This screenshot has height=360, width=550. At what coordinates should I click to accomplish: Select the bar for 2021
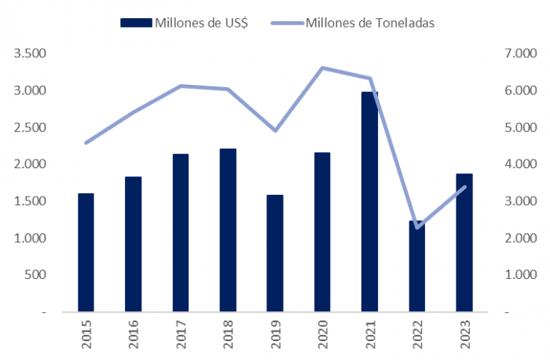[369, 202]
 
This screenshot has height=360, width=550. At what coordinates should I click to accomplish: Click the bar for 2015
[86, 252]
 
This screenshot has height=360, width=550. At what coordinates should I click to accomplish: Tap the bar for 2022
[416, 266]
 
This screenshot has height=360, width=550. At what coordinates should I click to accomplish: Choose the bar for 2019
[275, 253]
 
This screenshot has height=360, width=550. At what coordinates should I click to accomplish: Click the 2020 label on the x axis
[322, 334]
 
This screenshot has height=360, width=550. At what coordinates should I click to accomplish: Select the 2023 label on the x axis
[464, 334]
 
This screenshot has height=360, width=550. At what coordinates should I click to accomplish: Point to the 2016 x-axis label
[133, 334]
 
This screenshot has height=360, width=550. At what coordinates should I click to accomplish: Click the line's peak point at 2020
[322, 68]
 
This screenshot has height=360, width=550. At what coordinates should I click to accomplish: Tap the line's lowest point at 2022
[416, 228]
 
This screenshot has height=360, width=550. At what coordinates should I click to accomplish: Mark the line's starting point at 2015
[86, 143]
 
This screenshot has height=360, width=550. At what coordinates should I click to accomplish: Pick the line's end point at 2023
[464, 186]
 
